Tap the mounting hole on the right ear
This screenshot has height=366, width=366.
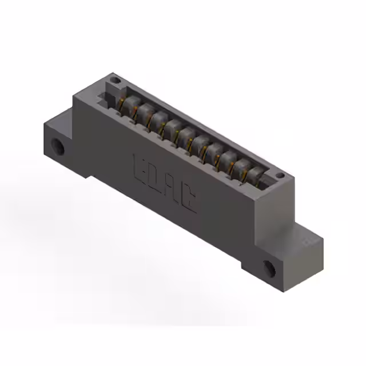tap(269, 268)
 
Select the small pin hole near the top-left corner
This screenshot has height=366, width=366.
tap(115, 81)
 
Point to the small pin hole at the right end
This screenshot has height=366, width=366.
tap(280, 175)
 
